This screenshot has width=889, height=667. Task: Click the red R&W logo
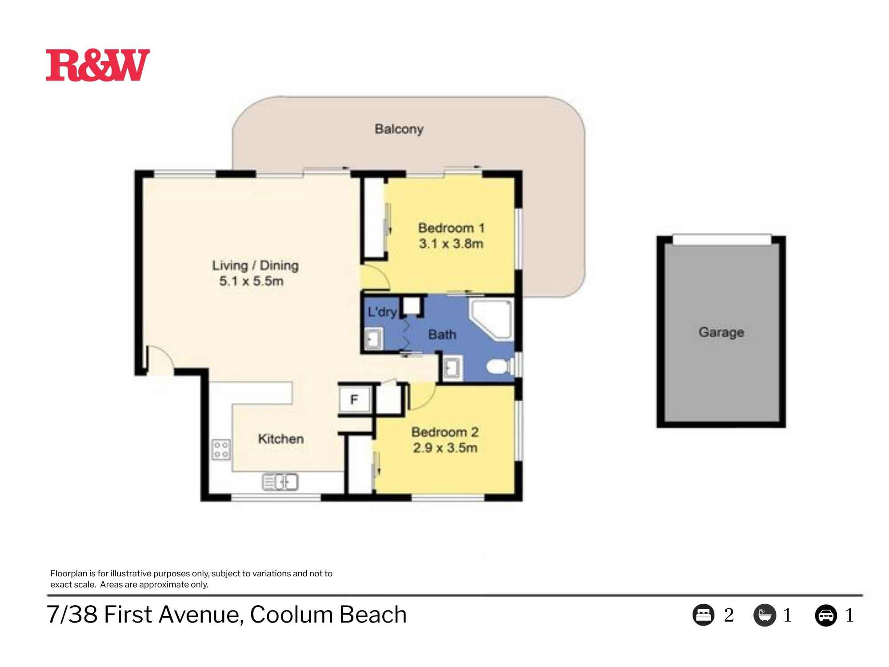tap(98, 65)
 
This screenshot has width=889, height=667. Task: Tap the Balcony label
tap(399, 129)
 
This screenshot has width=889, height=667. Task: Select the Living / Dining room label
tap(255, 265)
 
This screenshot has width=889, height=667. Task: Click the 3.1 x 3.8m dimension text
tap(451, 244)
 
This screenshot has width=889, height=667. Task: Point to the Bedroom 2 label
tap(444, 432)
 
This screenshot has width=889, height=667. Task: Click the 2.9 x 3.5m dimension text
tap(445, 448)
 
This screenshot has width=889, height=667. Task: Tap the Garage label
tap(721, 332)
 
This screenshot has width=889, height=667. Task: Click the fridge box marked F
tap(354, 399)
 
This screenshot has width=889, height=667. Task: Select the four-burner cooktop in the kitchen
tap(221, 449)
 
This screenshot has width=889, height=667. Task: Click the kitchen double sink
tap(280, 482)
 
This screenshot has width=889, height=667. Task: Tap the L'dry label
tap(382, 312)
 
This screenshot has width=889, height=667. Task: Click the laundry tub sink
tap(373, 339)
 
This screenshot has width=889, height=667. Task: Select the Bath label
tap(442, 334)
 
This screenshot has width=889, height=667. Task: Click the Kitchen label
tap(281, 439)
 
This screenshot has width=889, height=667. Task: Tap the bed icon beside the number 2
tap(703, 615)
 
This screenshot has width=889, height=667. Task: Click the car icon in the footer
tap(826, 616)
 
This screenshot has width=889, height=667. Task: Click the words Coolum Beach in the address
tap(328, 615)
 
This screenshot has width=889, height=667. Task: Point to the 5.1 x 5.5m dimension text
tap(251, 281)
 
